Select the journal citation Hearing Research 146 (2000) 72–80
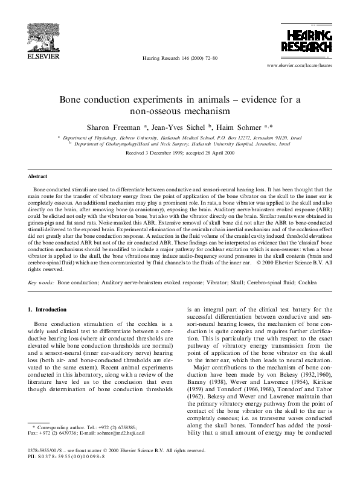(x=179, y=58)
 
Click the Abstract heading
(x=39, y=176)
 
